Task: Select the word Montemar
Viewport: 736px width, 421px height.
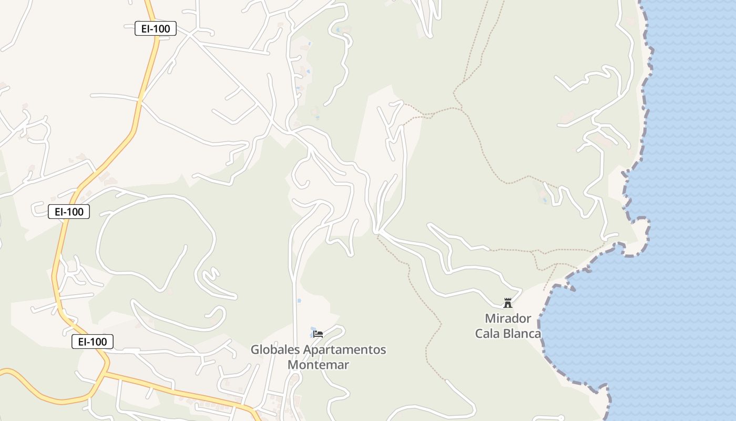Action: coord(319,364)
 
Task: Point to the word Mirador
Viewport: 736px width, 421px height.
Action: coord(508,318)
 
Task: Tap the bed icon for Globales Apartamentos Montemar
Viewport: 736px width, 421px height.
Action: coord(318,334)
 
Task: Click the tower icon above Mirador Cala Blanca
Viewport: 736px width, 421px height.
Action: coord(508,303)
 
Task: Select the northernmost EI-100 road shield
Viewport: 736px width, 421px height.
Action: coord(155,28)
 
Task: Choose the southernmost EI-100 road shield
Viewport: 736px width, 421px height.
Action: coord(93,342)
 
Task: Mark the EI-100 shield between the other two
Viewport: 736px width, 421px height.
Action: coord(69,212)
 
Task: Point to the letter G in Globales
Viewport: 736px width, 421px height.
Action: coord(255,349)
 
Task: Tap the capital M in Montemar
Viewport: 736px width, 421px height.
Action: coord(293,364)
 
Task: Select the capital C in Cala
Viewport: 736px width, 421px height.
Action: coord(479,333)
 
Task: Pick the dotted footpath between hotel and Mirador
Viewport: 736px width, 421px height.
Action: coord(421,295)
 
